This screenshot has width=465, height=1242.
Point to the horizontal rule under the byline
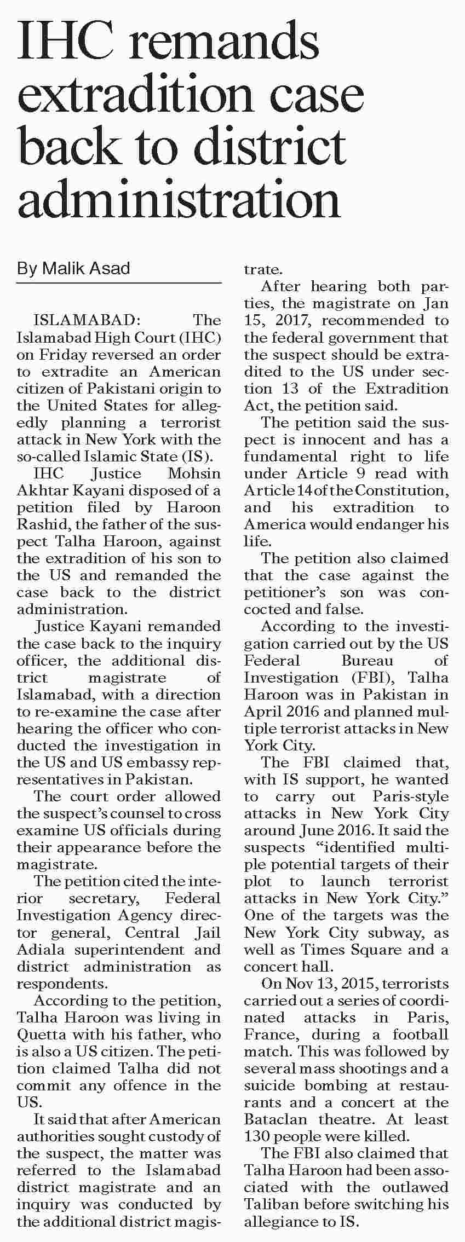click(x=119, y=283)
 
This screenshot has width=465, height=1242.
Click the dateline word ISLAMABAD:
click(x=84, y=320)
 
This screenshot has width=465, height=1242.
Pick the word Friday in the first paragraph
click(x=61, y=354)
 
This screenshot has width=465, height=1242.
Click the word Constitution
click(x=401, y=490)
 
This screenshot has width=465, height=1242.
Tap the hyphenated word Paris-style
click(x=410, y=796)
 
